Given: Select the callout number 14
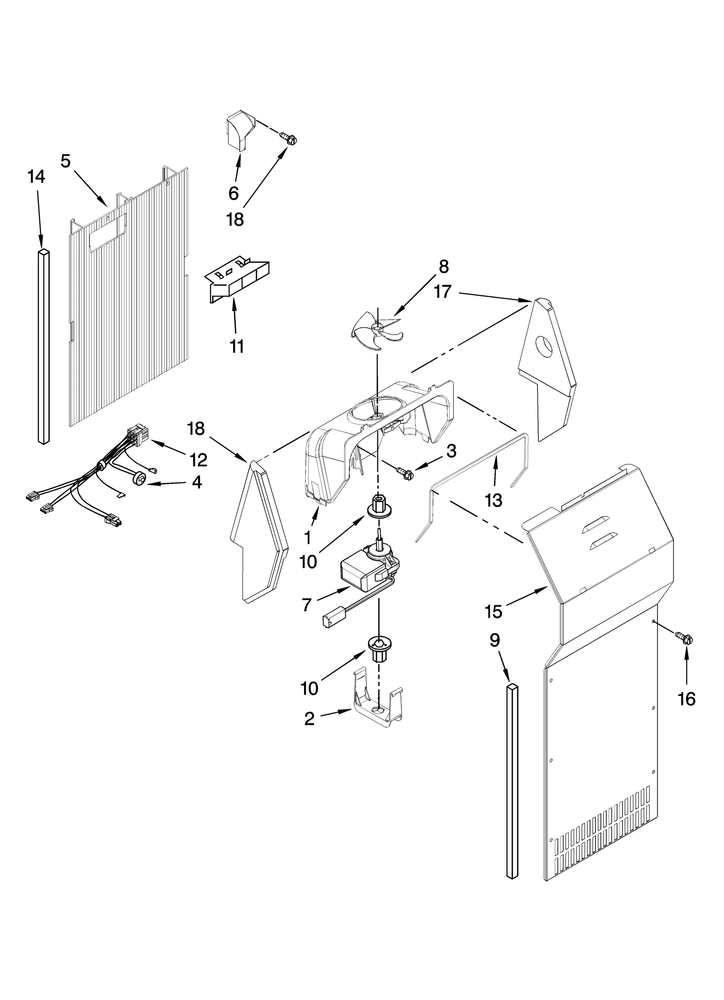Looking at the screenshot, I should pyautogui.click(x=36, y=177).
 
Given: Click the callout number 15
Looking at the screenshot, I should pyautogui.click(x=494, y=612).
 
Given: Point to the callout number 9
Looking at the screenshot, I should pyautogui.click(x=495, y=640).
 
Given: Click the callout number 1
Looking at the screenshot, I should pyautogui.click(x=308, y=537).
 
